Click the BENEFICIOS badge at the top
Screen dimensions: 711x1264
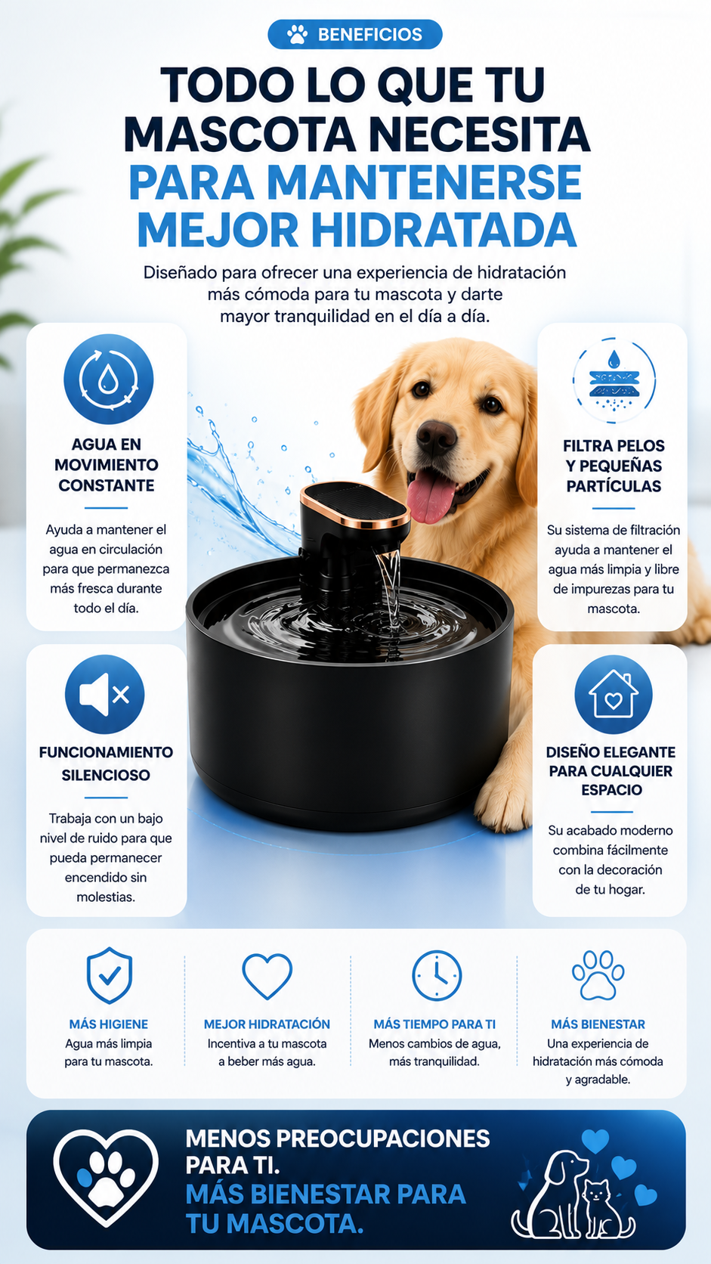click(x=354, y=35)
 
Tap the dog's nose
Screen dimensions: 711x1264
click(x=436, y=437)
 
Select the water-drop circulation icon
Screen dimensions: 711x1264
click(x=108, y=380)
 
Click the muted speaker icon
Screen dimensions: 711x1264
click(x=105, y=694)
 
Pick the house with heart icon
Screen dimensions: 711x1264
click(x=614, y=694)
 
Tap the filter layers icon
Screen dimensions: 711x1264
click(x=614, y=380)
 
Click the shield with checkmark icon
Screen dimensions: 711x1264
click(x=110, y=975)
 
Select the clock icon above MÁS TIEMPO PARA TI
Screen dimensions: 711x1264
click(x=437, y=976)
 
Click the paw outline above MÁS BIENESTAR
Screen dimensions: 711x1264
click(x=598, y=974)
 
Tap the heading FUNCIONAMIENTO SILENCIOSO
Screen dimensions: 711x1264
click(x=106, y=764)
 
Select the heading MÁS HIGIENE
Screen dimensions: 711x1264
click(x=109, y=1024)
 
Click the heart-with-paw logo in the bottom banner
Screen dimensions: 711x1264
click(x=106, y=1179)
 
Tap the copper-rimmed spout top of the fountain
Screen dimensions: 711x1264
click(x=355, y=505)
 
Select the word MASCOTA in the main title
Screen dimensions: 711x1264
click(x=240, y=135)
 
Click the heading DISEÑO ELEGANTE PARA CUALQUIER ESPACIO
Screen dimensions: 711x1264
click(x=611, y=771)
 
